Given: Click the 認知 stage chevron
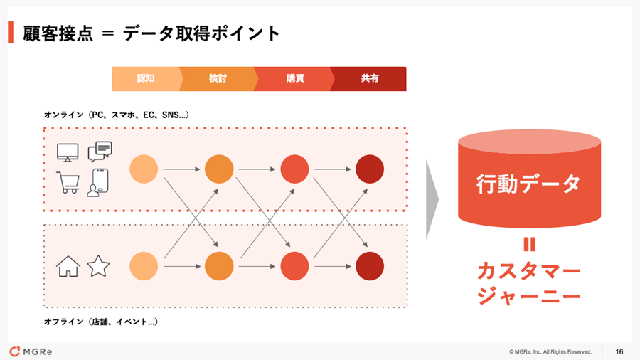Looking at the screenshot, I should (x=146, y=79).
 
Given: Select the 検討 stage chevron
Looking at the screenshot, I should (x=218, y=79).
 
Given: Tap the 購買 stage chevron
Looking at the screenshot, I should (x=294, y=79).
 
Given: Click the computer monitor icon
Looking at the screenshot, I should (x=68, y=152).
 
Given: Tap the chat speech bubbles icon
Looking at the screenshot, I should (x=100, y=152).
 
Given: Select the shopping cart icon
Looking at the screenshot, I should (x=68, y=183).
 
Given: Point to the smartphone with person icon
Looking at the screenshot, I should (x=99, y=183).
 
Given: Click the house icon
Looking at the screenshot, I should (x=68, y=267).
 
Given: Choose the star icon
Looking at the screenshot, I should (x=98, y=267).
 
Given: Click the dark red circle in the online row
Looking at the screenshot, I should (x=370, y=169).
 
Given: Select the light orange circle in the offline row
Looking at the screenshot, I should (x=144, y=266).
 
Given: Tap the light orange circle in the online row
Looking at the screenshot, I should (x=144, y=169).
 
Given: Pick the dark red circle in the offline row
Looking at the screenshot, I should (x=370, y=266).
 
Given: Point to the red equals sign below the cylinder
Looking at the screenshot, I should (x=528, y=245).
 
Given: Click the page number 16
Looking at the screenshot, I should (x=619, y=351).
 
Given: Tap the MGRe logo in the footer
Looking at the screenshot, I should (x=31, y=351).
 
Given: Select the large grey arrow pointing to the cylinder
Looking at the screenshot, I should (x=432, y=199).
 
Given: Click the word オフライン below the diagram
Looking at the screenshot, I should (x=64, y=322).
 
